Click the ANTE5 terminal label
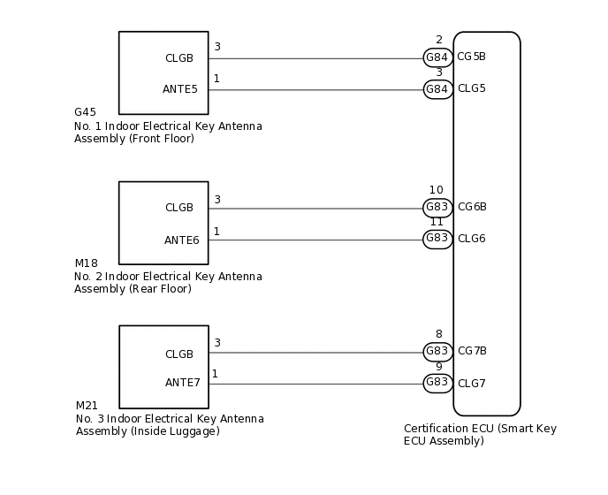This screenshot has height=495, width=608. pyautogui.click(x=180, y=89)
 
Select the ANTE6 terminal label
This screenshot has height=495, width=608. pyautogui.click(x=181, y=240)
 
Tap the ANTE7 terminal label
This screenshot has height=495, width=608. pyautogui.click(x=182, y=383)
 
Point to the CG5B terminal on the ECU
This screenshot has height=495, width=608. pyautogui.click(x=471, y=57)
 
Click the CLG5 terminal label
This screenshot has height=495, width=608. pyautogui.click(x=471, y=88)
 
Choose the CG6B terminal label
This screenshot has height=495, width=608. pyautogui.click(x=472, y=207)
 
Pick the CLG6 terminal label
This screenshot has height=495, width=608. pyautogui.click(x=472, y=239)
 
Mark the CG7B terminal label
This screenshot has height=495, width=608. pyautogui.click(x=472, y=351)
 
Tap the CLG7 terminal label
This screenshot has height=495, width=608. pyautogui.click(x=472, y=384)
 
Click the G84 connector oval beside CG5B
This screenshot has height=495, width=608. pyautogui.click(x=437, y=57)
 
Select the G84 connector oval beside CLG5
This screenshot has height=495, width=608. pyautogui.click(x=437, y=89)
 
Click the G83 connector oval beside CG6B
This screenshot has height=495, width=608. pyautogui.click(x=437, y=208)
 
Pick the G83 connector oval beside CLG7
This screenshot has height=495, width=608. pyautogui.click(x=437, y=384)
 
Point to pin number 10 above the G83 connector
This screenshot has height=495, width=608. pyautogui.click(x=436, y=190)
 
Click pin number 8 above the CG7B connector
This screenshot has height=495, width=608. pyautogui.click(x=438, y=334)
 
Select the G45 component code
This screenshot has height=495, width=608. pyautogui.click(x=85, y=112)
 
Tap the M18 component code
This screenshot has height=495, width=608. pyautogui.click(x=86, y=263)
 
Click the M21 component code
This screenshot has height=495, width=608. pyautogui.click(x=87, y=406)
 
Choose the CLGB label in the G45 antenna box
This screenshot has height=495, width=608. pyautogui.click(x=179, y=57)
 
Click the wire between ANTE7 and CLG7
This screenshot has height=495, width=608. pyautogui.click(x=318, y=384)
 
